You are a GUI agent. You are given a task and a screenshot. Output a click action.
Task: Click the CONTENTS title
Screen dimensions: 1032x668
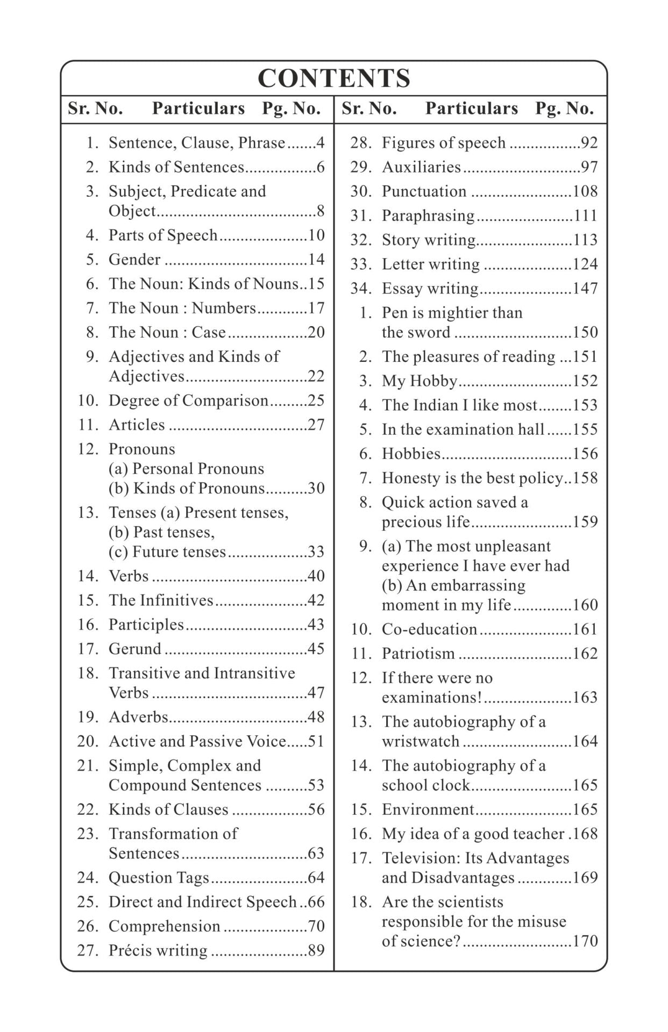click(334, 78)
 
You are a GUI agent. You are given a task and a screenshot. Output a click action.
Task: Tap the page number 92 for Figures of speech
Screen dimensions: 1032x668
click(589, 143)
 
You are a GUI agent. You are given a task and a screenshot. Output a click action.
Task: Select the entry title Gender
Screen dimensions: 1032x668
click(134, 260)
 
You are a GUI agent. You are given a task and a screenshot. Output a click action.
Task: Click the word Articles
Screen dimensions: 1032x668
click(137, 425)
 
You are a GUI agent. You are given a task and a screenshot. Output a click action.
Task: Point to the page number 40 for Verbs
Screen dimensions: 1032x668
click(316, 576)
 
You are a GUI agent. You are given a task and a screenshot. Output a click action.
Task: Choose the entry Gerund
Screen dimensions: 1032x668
click(135, 649)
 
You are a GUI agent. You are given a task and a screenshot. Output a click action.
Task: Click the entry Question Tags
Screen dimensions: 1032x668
click(159, 878)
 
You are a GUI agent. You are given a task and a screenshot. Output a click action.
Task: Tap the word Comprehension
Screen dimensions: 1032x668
click(165, 926)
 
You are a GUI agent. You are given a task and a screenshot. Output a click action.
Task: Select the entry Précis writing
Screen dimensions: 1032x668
click(158, 950)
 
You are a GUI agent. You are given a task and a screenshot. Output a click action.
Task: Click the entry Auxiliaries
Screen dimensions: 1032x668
click(421, 167)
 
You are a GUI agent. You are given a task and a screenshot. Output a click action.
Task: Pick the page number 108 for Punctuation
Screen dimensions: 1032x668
click(585, 191)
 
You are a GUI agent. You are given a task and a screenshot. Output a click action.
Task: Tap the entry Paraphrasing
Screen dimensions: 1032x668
click(428, 216)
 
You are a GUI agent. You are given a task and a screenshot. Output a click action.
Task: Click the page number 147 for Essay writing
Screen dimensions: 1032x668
click(585, 289)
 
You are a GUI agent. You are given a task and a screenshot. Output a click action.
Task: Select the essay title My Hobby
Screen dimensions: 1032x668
click(420, 381)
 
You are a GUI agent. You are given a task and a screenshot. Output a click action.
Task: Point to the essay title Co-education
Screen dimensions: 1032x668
click(429, 629)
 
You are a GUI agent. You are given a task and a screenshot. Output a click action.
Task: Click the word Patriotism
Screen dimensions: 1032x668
click(418, 654)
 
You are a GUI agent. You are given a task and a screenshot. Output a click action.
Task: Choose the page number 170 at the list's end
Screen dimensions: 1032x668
click(585, 941)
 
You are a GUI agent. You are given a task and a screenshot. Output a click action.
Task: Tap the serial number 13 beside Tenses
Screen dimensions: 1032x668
click(88, 512)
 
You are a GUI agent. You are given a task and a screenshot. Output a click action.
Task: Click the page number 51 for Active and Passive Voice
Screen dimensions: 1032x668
click(316, 741)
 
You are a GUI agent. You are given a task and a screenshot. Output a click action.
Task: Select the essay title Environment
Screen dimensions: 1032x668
click(428, 809)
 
